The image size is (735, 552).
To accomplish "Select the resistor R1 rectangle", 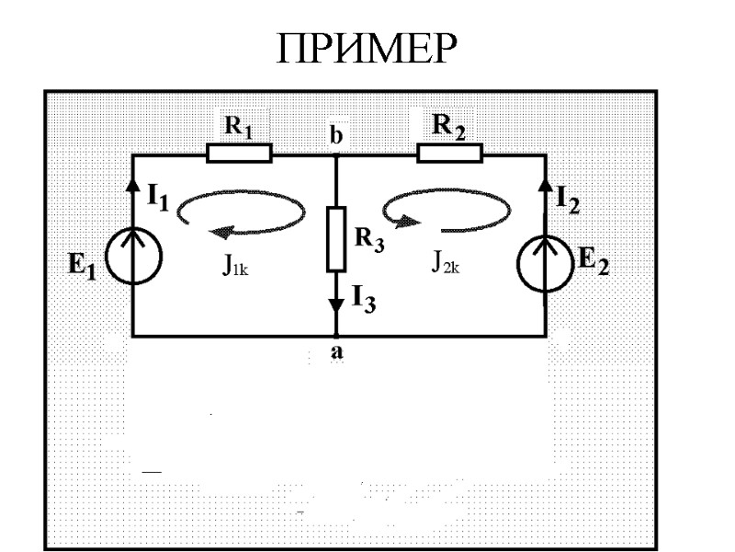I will click(x=239, y=153).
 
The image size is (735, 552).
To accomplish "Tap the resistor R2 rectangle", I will click(x=450, y=153).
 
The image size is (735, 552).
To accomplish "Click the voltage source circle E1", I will click(x=134, y=256).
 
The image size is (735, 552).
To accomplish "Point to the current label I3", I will click(x=362, y=298).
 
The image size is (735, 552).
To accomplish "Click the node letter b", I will click(x=336, y=137).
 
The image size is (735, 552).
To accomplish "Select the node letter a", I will click(x=338, y=352).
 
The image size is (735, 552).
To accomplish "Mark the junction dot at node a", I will click(x=336, y=335).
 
